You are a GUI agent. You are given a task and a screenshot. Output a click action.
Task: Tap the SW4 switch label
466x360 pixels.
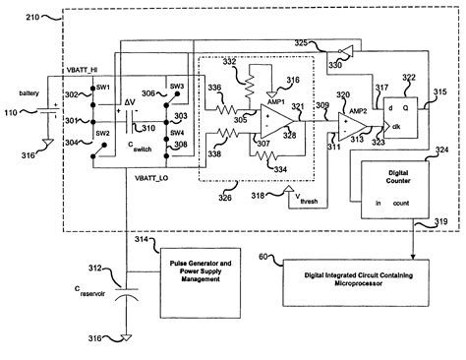click(179, 133)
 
